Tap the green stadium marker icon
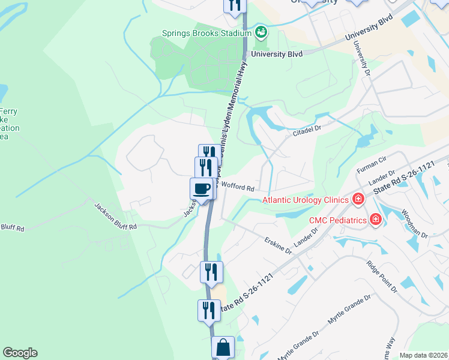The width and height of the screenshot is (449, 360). (261, 31)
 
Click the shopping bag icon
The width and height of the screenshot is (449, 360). (223, 347)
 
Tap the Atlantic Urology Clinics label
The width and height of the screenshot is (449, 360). (305, 200)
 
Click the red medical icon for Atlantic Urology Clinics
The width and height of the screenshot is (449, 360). (358, 199)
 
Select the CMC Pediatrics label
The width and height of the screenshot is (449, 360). (338, 220)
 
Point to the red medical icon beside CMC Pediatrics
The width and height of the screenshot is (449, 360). (376, 220)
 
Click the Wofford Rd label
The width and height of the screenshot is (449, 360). (238, 187)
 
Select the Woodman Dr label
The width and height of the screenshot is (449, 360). (414, 224)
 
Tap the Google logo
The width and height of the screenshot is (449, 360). (20, 353)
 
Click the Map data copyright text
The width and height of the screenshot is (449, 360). (424, 355)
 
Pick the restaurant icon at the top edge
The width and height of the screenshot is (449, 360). (234, 5)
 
